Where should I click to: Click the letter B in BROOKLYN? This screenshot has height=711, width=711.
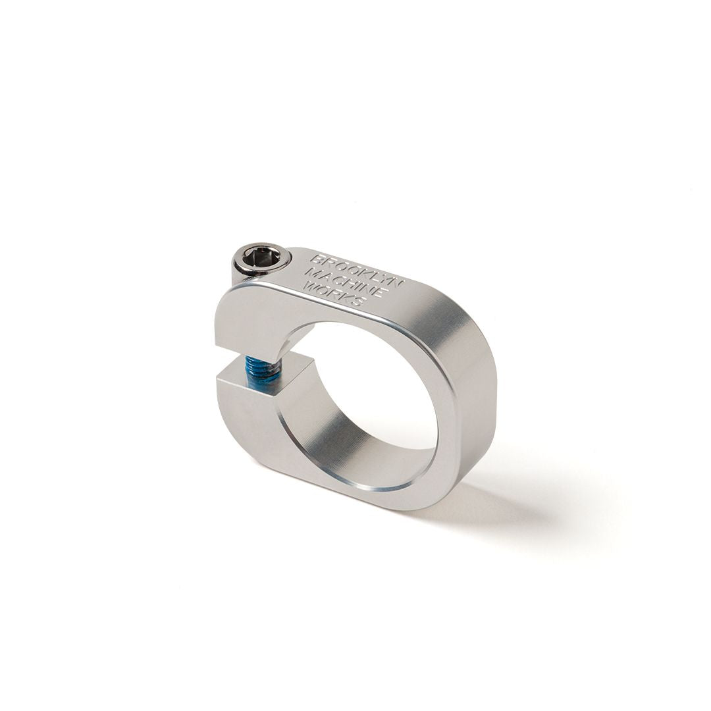(x=315, y=259)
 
